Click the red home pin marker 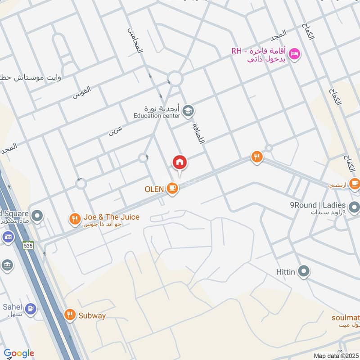(x=180, y=162)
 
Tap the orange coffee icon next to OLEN (x=172, y=189)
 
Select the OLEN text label (x=154, y=189)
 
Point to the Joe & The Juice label (x=111, y=217)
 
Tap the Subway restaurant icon (x=69, y=315)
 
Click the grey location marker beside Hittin (x=305, y=271)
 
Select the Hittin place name (x=286, y=272)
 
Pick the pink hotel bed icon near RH (x=295, y=54)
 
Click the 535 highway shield (x=29, y=245)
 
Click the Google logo (x=18, y=353)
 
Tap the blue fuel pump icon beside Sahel (x=31, y=309)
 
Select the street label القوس (x=82, y=92)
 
